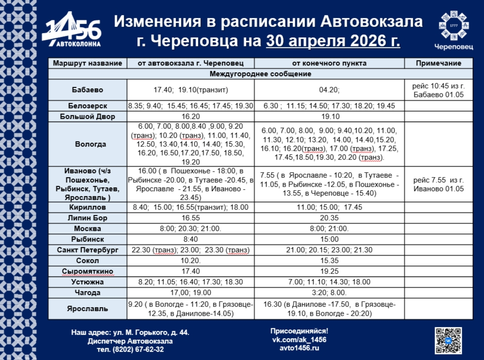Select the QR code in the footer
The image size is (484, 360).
click(x=448, y=340)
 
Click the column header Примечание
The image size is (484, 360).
click(x=439, y=64)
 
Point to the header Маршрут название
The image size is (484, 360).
click(x=87, y=64)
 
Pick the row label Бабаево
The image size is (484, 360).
click(x=87, y=90)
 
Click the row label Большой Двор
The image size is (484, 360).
click(x=87, y=116)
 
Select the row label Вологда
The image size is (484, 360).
click(x=87, y=144)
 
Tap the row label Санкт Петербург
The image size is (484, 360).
click(x=87, y=250)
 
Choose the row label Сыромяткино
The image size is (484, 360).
click(x=87, y=271)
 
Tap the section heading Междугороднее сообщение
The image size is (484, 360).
click(x=260, y=74)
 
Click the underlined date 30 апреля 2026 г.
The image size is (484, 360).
click(x=333, y=41)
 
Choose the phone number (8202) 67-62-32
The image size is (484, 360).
click(x=137, y=349)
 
